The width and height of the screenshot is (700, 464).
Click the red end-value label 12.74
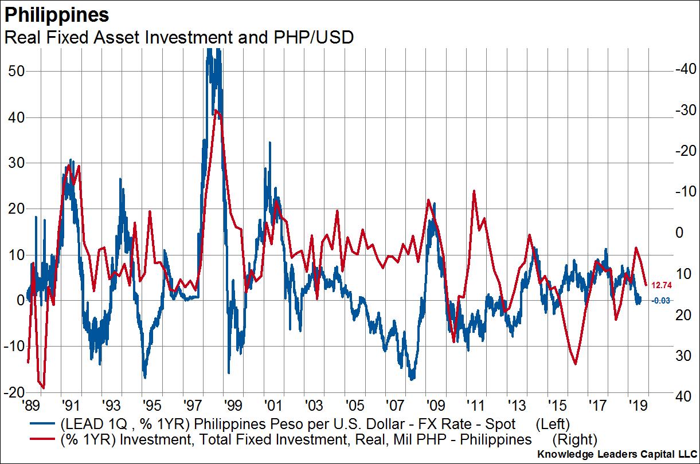coord(662,284)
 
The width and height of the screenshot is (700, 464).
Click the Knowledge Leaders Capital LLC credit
coord(615,455)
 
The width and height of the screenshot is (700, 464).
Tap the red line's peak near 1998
coord(216,111)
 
